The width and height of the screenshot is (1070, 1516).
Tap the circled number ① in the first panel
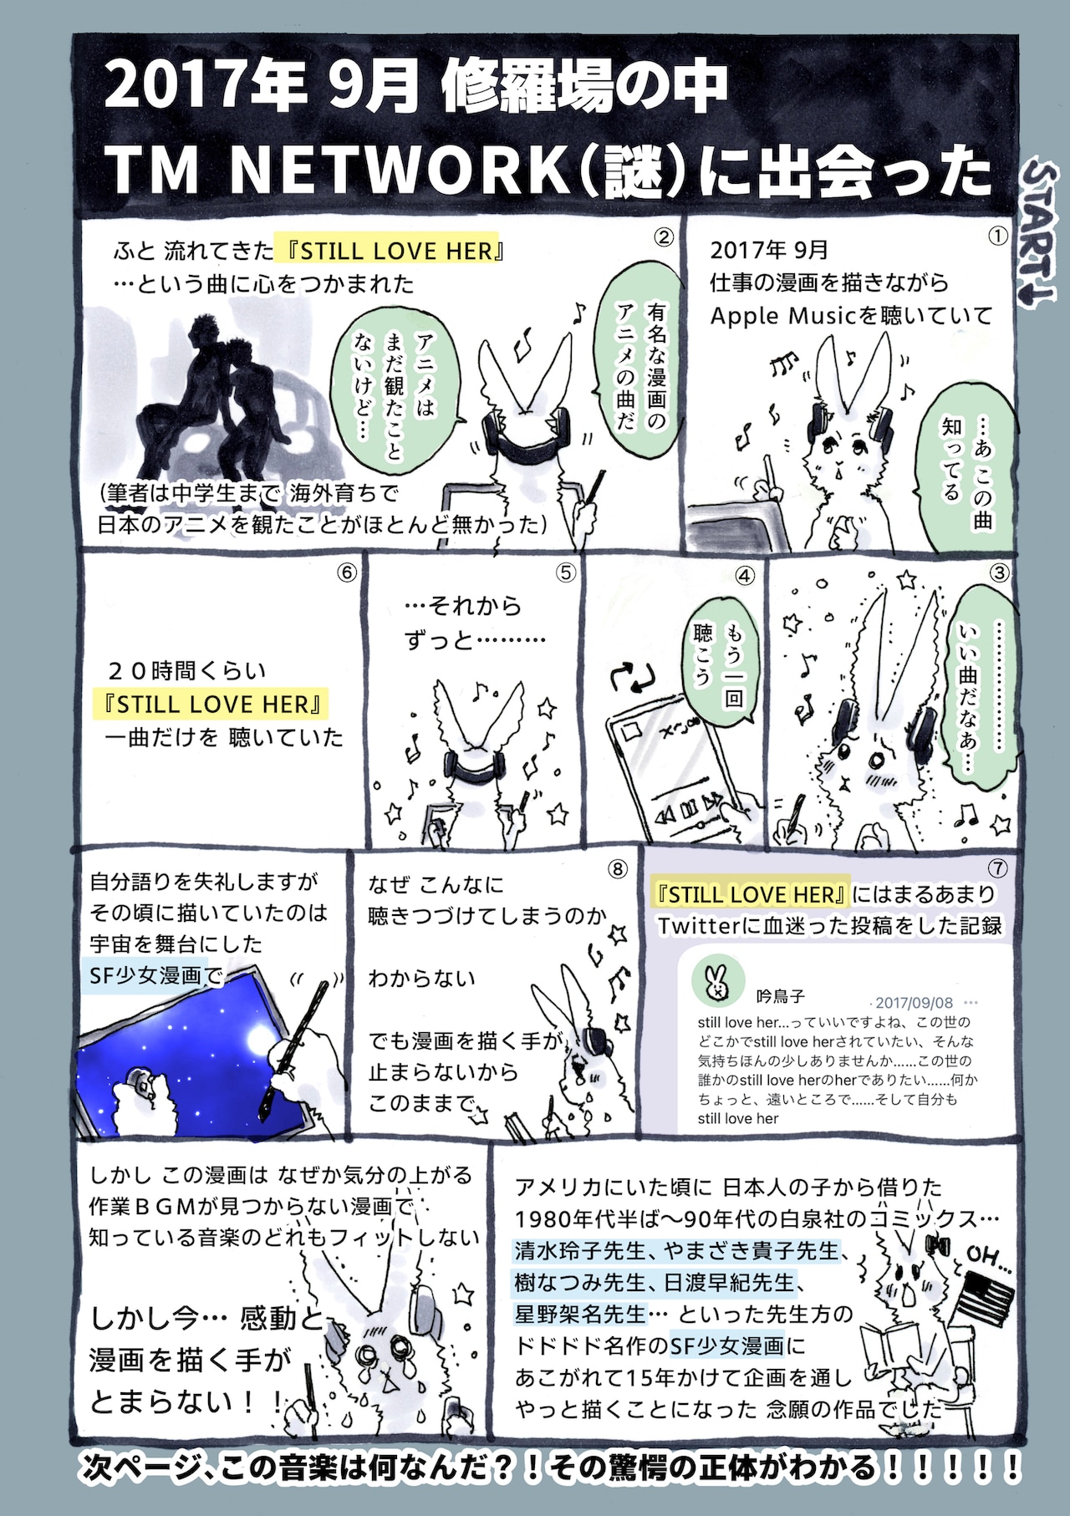pos(997,237)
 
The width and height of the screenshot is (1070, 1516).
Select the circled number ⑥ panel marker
pos(347,572)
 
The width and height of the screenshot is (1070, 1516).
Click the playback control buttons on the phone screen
pos(688,809)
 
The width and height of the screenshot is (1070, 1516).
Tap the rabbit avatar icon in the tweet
pos(717,979)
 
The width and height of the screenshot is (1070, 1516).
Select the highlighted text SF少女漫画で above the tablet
pos(155,975)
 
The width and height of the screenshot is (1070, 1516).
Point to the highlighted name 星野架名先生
pos(581,1314)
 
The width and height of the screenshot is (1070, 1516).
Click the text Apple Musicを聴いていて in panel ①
pos(851,316)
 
